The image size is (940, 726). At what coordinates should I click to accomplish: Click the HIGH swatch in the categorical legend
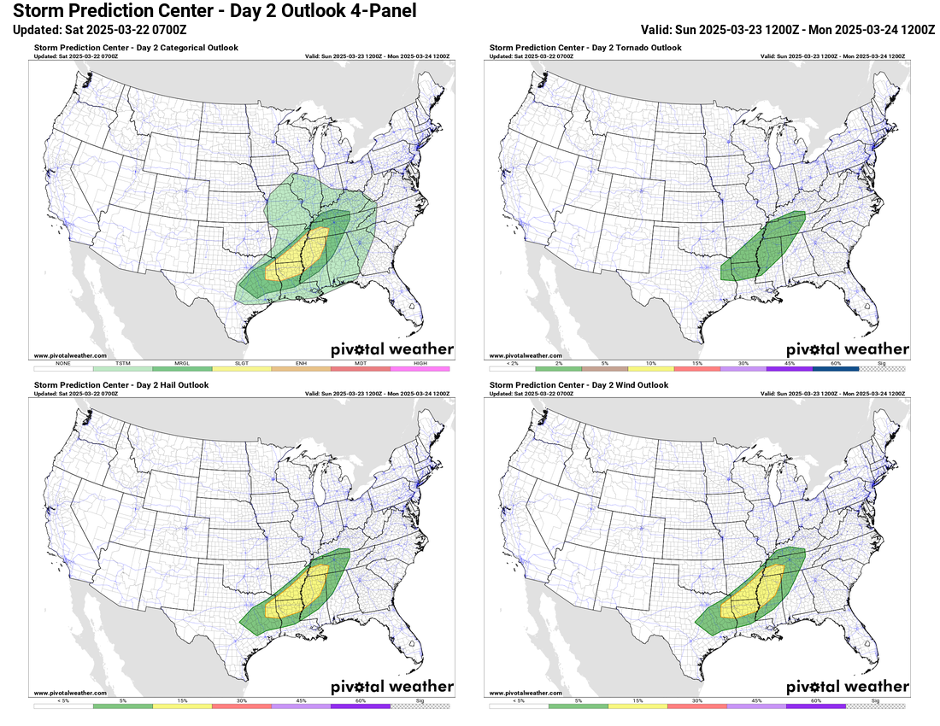click(x=420, y=368)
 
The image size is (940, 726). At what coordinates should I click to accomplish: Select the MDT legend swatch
click(x=360, y=368)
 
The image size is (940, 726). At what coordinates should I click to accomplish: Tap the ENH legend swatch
click(x=301, y=368)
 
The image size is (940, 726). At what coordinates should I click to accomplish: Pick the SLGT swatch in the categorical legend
click(x=241, y=368)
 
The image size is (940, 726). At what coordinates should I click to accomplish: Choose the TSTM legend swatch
click(x=122, y=368)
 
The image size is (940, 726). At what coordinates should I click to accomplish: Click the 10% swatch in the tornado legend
click(x=650, y=368)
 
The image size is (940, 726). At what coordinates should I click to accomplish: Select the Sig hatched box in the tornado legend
click(x=882, y=368)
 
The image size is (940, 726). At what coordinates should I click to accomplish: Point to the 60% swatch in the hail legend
click(x=360, y=706)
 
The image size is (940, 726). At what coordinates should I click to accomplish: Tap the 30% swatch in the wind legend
click(x=696, y=706)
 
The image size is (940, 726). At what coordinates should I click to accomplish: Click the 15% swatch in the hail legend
click(x=182, y=706)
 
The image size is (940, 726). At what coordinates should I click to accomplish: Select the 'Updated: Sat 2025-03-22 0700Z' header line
click(x=100, y=29)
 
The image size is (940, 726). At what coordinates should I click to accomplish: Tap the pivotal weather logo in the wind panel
click(x=847, y=687)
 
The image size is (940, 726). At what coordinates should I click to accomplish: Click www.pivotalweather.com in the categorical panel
click(x=70, y=355)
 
